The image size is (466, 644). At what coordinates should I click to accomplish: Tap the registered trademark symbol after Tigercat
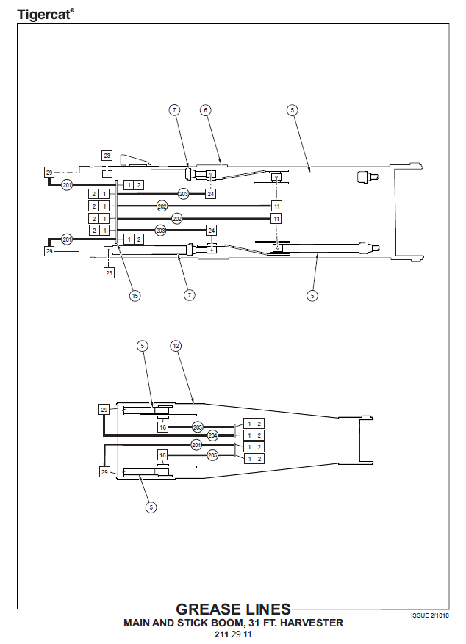[72, 9]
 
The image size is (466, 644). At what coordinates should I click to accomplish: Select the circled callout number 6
[206, 110]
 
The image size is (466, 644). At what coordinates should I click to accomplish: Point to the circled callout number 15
[135, 295]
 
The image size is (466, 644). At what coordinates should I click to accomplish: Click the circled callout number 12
[175, 345]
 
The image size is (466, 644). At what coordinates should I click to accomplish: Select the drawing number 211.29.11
[233, 634]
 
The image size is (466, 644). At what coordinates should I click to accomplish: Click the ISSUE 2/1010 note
[430, 615]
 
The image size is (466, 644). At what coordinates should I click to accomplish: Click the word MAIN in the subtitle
[137, 623]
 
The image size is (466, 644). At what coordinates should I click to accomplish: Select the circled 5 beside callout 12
[143, 345]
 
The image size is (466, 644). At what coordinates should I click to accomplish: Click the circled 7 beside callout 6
[174, 110]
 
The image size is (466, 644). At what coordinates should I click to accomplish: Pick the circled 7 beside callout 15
[190, 295]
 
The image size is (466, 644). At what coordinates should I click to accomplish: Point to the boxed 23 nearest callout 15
[110, 273]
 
